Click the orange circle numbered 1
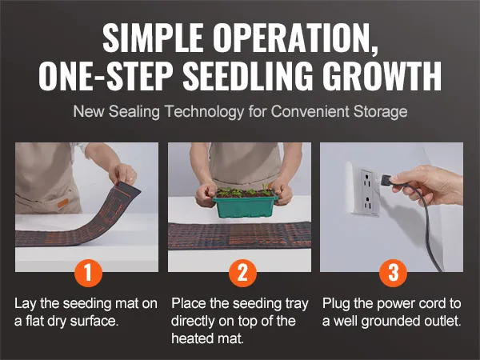(88, 273)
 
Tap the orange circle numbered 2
(242, 273)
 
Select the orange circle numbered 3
(394, 273)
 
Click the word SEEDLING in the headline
(248, 76)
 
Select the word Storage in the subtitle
(380, 112)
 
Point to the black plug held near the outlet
(386, 180)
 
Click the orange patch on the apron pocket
(62, 203)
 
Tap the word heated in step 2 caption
(190, 338)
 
